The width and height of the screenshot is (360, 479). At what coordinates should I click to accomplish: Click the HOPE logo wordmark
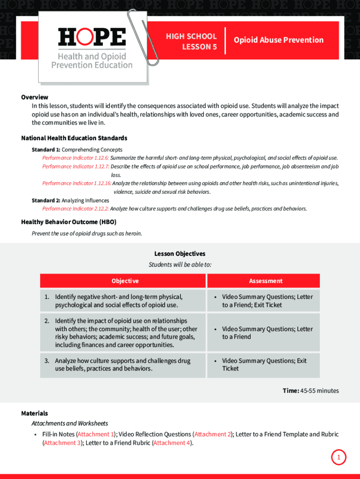92,37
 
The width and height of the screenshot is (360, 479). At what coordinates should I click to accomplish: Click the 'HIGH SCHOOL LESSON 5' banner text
191,42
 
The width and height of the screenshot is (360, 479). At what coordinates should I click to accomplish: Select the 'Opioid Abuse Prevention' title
279,40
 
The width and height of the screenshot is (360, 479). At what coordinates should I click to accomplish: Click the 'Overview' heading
35,97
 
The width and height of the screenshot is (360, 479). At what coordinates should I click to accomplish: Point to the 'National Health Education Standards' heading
74,138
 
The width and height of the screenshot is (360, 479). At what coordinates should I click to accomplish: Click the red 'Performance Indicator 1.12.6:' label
75,158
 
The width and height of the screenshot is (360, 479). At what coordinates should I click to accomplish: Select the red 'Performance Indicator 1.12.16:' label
77,183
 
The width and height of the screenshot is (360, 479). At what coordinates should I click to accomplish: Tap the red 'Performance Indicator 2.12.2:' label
75,209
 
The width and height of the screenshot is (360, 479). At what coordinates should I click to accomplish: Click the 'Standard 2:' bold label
46,200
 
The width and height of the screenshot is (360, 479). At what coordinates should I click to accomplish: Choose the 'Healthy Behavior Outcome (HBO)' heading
69,222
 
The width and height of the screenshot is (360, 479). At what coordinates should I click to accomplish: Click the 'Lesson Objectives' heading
180,254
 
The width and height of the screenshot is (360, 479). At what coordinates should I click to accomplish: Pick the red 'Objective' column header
125,281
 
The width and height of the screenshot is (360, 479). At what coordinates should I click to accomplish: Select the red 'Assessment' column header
266,281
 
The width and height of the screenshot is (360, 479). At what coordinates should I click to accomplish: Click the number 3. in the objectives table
47,361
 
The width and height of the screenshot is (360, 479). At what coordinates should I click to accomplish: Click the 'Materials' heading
35,413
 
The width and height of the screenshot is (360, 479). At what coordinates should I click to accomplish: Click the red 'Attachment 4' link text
172,443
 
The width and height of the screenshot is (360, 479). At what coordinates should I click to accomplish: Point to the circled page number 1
339,457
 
